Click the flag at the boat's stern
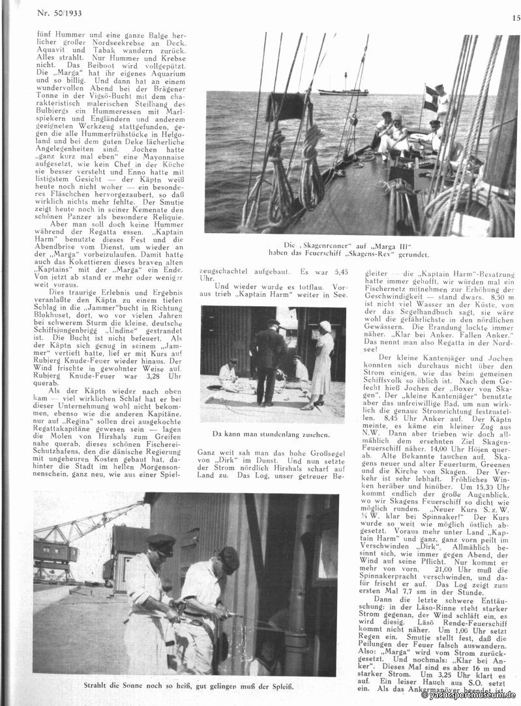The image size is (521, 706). click(x=430, y=92)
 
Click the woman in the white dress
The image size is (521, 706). click(x=322, y=364)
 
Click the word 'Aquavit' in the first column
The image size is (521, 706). click(x=50, y=50)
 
